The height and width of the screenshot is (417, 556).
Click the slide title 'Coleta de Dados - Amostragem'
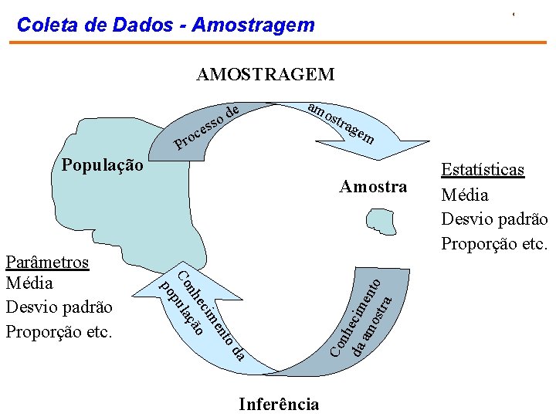tap(165, 25)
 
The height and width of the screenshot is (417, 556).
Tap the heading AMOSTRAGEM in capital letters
tap(266, 74)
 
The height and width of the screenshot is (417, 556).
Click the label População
tap(101, 165)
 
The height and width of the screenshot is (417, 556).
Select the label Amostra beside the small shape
tap(373, 187)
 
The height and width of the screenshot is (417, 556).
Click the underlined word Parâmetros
tap(47, 262)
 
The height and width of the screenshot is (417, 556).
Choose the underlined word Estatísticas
tap(483, 170)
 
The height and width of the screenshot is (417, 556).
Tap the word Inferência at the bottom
tap(279, 404)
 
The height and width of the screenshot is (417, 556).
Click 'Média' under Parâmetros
tap(29, 283)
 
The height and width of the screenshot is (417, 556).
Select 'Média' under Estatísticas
tap(465, 195)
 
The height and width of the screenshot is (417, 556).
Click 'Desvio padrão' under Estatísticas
tap(494, 219)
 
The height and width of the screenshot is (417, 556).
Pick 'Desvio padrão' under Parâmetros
tap(59, 307)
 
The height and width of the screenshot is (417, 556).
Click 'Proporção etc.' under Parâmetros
tap(59, 331)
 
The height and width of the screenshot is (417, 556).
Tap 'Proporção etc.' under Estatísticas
tap(494, 244)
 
